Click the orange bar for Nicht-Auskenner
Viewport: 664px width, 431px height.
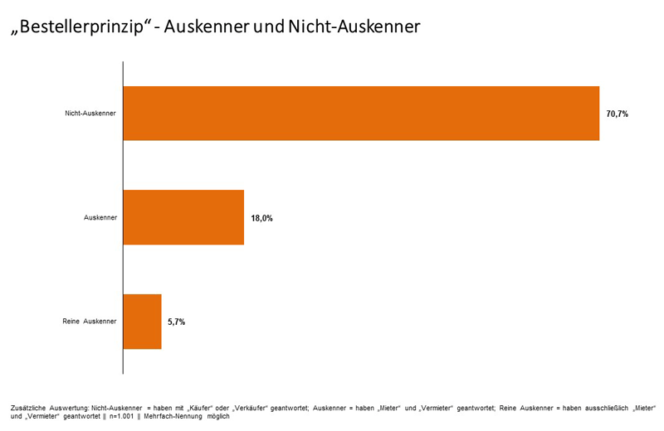[x=361, y=114]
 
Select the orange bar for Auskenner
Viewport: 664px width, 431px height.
[x=183, y=217]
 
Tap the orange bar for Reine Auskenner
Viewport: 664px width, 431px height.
[x=142, y=321]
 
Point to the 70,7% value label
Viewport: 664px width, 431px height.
[x=617, y=114]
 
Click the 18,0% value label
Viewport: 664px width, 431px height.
[x=261, y=218]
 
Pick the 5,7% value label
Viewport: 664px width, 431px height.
[x=176, y=322]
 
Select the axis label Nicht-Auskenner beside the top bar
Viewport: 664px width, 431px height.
[x=90, y=114]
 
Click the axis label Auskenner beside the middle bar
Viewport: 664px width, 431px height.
[x=100, y=217]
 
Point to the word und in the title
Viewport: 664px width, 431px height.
[x=280, y=27]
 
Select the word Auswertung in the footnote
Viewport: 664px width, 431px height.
[x=70, y=409]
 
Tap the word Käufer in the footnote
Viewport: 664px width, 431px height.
[x=198, y=409]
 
